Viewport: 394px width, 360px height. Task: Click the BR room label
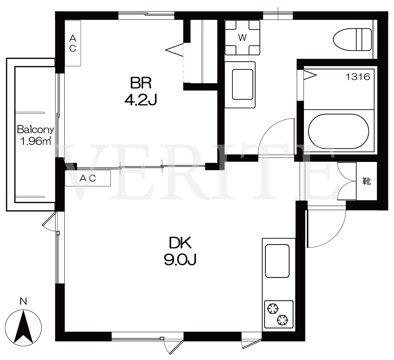tap(141, 83)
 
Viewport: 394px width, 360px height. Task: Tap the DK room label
tap(180, 243)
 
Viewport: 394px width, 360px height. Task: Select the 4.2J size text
tap(141, 100)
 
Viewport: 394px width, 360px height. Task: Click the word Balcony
tap(35, 130)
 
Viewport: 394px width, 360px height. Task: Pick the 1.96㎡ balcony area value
tap(36, 141)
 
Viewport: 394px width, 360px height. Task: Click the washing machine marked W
tap(242, 38)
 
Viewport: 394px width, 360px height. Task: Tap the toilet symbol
tap(352, 40)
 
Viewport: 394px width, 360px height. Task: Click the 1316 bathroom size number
tap(358, 77)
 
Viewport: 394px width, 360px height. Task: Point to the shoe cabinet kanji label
tap(367, 181)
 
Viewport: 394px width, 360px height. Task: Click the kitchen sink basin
tap(277, 261)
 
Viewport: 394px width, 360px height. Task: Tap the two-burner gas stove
tap(279, 314)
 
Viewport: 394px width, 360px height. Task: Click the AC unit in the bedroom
tap(73, 43)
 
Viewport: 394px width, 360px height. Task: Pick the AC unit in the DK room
tap(88, 178)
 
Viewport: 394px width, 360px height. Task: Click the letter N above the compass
tap(23, 301)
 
